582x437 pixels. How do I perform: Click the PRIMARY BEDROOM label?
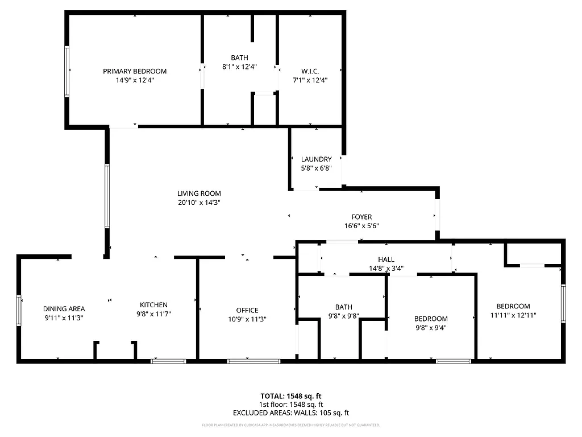coord(135,71)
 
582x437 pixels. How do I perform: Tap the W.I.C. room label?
coord(310,71)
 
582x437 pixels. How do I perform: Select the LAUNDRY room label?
coord(317,159)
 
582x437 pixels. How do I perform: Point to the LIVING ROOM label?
coord(199,193)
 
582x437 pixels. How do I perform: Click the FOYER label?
coord(361,217)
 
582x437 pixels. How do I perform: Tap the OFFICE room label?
coord(247,310)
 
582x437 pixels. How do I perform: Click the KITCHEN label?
coord(154,305)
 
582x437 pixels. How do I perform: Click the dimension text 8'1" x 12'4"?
coord(239,67)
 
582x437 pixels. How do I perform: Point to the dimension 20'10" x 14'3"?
coord(199,203)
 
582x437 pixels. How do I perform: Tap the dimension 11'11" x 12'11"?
coord(513,315)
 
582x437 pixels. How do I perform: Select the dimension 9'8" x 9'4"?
coord(430,328)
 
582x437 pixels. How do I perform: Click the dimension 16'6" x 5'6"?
coord(361,226)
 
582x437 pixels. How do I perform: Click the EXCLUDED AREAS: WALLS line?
coord(291,413)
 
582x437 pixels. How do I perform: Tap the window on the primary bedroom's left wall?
coord(66,71)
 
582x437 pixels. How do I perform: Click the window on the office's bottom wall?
coord(253,361)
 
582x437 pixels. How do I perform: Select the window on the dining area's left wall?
coord(19,310)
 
